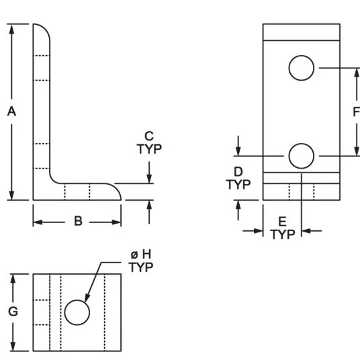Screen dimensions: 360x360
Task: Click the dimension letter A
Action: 11,111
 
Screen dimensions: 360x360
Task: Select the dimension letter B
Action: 79,221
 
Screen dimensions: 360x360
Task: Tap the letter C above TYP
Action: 149,136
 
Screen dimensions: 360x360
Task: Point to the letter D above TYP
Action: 238,171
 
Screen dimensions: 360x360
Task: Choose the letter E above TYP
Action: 282,222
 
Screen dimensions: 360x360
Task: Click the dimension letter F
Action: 357,111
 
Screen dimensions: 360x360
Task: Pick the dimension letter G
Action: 13,312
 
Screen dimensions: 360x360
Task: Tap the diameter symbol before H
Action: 134,255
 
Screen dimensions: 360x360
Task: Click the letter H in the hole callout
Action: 147,255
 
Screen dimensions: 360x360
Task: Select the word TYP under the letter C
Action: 149,149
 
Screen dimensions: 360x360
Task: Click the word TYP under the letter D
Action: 238,184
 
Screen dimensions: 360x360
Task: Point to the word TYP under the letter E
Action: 283,234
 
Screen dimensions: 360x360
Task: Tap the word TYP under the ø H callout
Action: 141,267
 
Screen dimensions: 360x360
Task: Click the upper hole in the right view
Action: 302,68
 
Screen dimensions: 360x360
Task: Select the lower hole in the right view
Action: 302,156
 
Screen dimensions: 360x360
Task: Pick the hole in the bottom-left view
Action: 77,312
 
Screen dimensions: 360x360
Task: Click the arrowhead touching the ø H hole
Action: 87,298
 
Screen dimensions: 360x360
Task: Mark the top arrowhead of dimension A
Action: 11,29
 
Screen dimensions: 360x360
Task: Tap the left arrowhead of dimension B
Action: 38,222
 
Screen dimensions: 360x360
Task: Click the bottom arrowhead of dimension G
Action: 13,346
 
